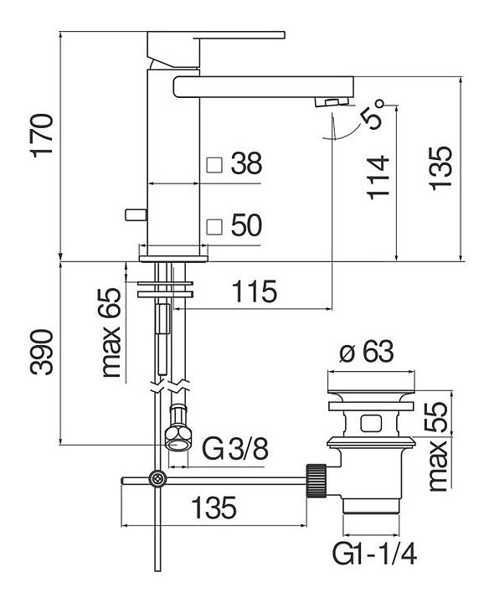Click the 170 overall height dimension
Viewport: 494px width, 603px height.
coord(43,135)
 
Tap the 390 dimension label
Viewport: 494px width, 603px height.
coord(42,352)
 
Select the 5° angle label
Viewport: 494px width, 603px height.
coord(372,115)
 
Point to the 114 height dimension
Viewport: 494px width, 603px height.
coord(378,178)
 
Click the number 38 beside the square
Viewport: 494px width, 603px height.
coord(247,163)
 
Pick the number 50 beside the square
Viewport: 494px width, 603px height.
coord(247,225)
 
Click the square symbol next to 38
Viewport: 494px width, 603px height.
coord(214,165)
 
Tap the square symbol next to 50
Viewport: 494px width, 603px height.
coord(214,227)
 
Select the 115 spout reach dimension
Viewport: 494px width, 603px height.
coord(255,291)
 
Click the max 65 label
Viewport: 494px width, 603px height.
coord(111,332)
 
